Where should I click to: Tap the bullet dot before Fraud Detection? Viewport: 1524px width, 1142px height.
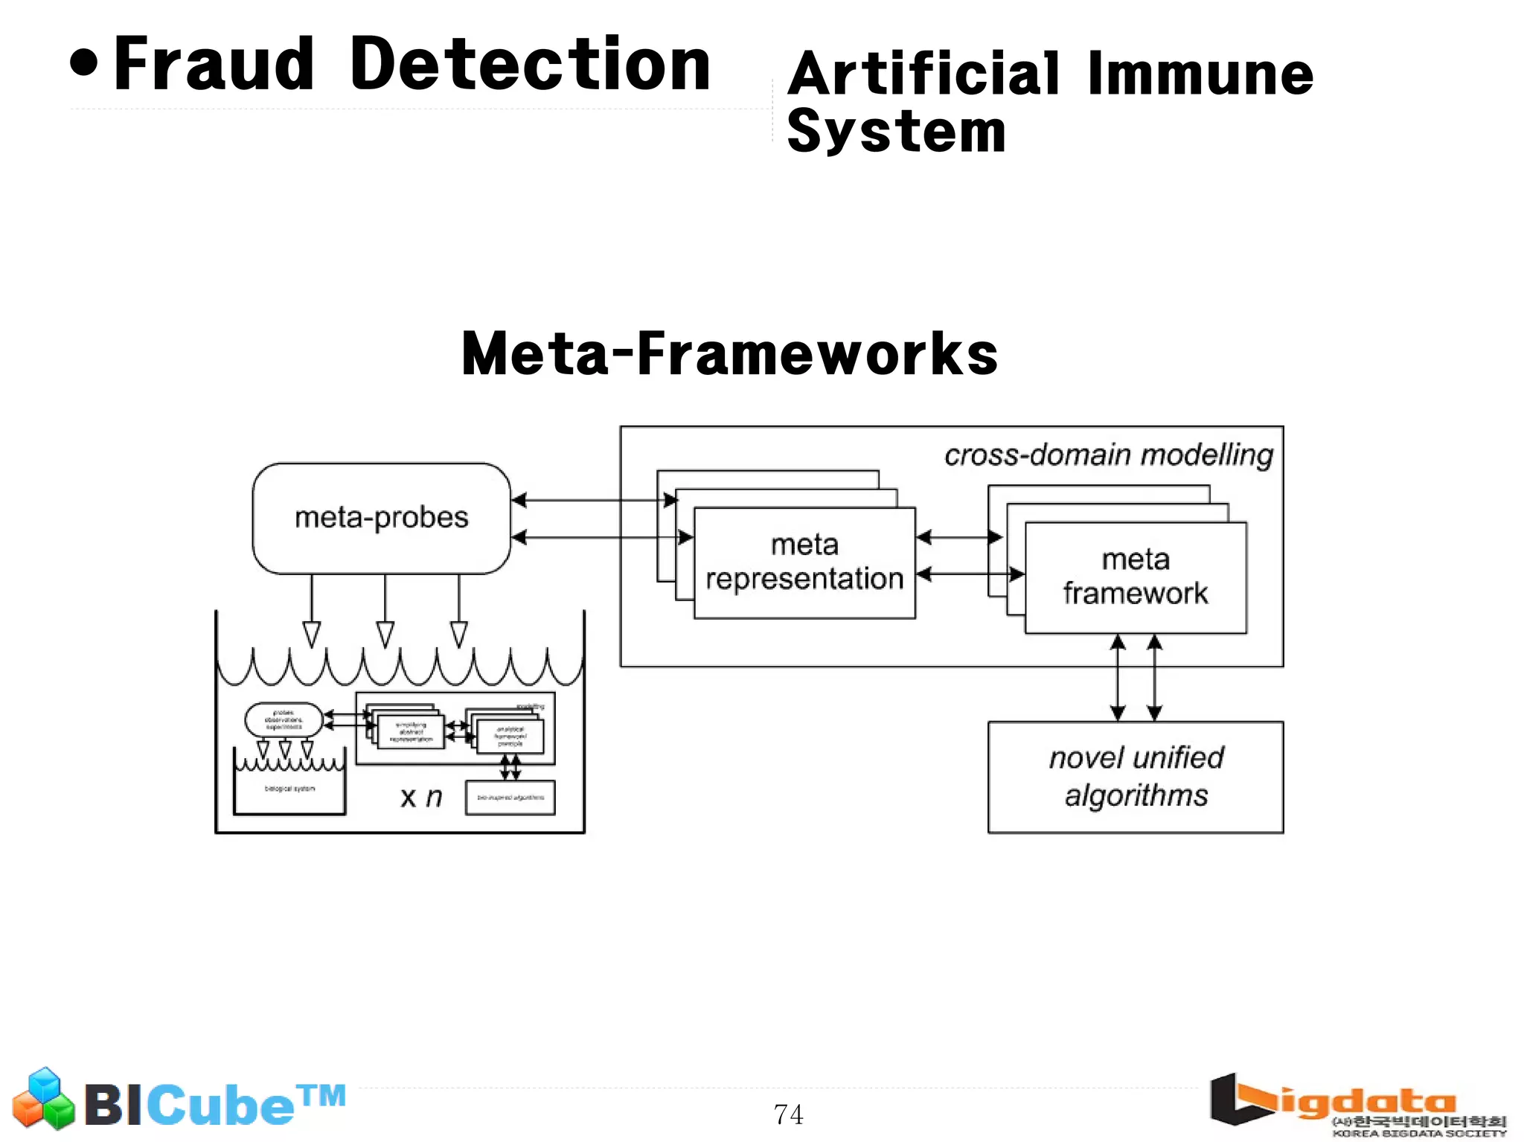(x=84, y=63)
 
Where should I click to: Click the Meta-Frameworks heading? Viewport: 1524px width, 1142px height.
(x=729, y=354)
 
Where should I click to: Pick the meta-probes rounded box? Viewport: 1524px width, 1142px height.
(x=381, y=518)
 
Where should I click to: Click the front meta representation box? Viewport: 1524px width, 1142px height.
(x=804, y=562)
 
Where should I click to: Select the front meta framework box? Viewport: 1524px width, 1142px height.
(x=1135, y=577)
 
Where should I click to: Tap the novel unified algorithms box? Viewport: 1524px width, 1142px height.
(x=1135, y=777)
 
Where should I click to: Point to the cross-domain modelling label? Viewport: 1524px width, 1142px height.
(x=1108, y=455)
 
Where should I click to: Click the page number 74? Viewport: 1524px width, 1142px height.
(x=788, y=1114)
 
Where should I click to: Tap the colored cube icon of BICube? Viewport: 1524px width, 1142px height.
(x=43, y=1098)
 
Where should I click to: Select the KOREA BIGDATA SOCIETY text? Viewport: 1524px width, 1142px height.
(x=1418, y=1133)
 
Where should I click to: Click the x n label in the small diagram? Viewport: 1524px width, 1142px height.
(x=421, y=798)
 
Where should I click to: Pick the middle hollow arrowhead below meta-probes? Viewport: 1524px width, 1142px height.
(x=385, y=634)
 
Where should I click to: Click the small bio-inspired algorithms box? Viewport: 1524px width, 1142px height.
(x=510, y=798)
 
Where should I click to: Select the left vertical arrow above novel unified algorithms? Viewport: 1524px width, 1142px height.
(x=1117, y=677)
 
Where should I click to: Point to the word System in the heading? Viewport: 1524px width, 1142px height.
(x=896, y=131)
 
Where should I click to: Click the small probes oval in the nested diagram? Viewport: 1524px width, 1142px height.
(x=284, y=719)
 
